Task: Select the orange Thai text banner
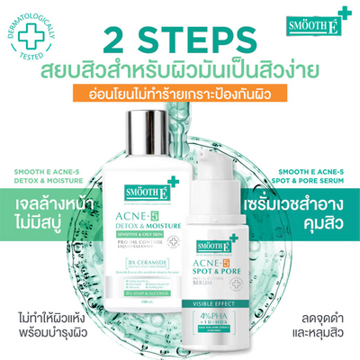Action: [x=181, y=94]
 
